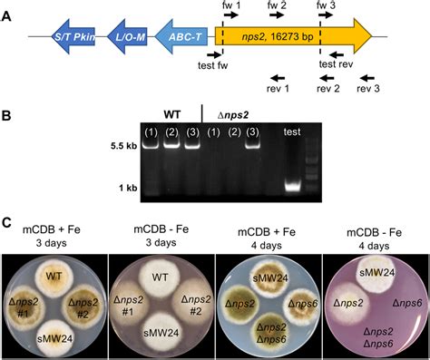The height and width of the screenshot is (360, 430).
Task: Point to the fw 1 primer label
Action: pos(232,6)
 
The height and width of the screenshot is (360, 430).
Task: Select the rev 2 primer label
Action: pos(328,89)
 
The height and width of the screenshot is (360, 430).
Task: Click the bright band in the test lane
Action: pos(291,187)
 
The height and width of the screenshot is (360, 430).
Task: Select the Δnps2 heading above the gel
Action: pos(235,114)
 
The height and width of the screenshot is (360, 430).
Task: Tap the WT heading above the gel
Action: pos(172,114)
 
